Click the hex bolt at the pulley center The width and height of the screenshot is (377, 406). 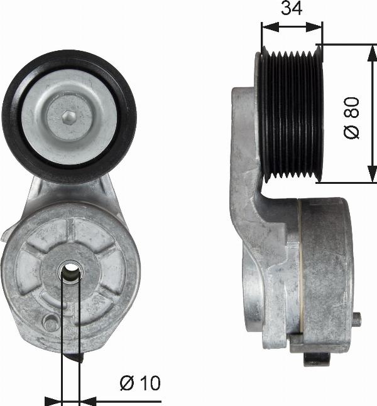[69, 116]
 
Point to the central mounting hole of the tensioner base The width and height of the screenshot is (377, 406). [70, 271]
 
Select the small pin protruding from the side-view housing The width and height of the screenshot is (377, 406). [357, 319]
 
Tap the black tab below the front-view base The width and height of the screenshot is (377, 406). [79, 356]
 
